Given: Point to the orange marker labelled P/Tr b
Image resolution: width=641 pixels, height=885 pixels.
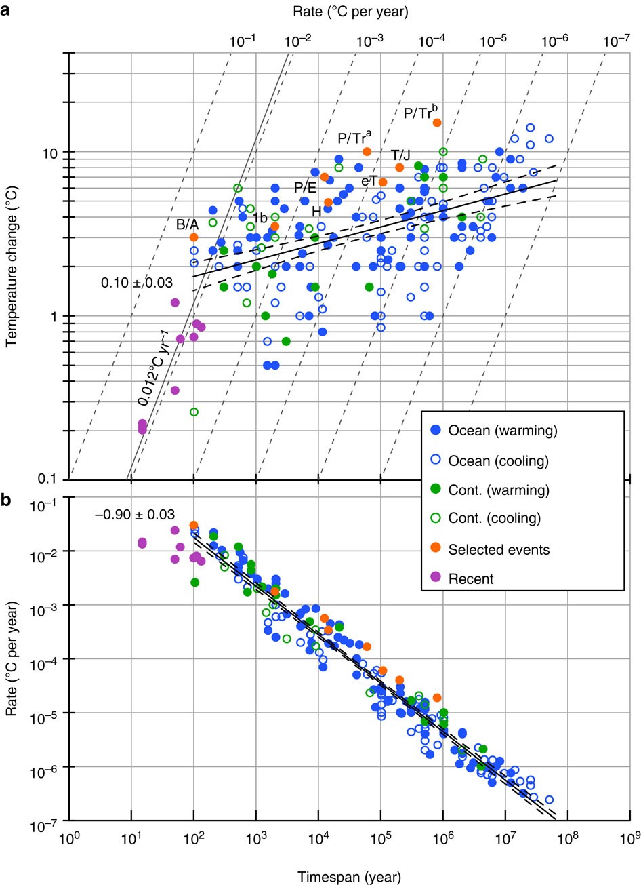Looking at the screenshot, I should [437, 123].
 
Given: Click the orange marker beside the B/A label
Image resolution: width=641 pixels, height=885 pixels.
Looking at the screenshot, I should [194, 237].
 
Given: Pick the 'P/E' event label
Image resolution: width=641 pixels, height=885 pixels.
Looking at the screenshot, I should [305, 187].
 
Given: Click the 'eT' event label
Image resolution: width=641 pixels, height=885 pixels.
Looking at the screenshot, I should [369, 182].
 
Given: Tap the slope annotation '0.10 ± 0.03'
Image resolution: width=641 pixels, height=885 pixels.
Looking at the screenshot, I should [137, 283].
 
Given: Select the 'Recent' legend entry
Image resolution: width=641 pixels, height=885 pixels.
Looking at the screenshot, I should [471, 578].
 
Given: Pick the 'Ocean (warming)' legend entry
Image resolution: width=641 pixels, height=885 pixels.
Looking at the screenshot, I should [499, 430].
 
